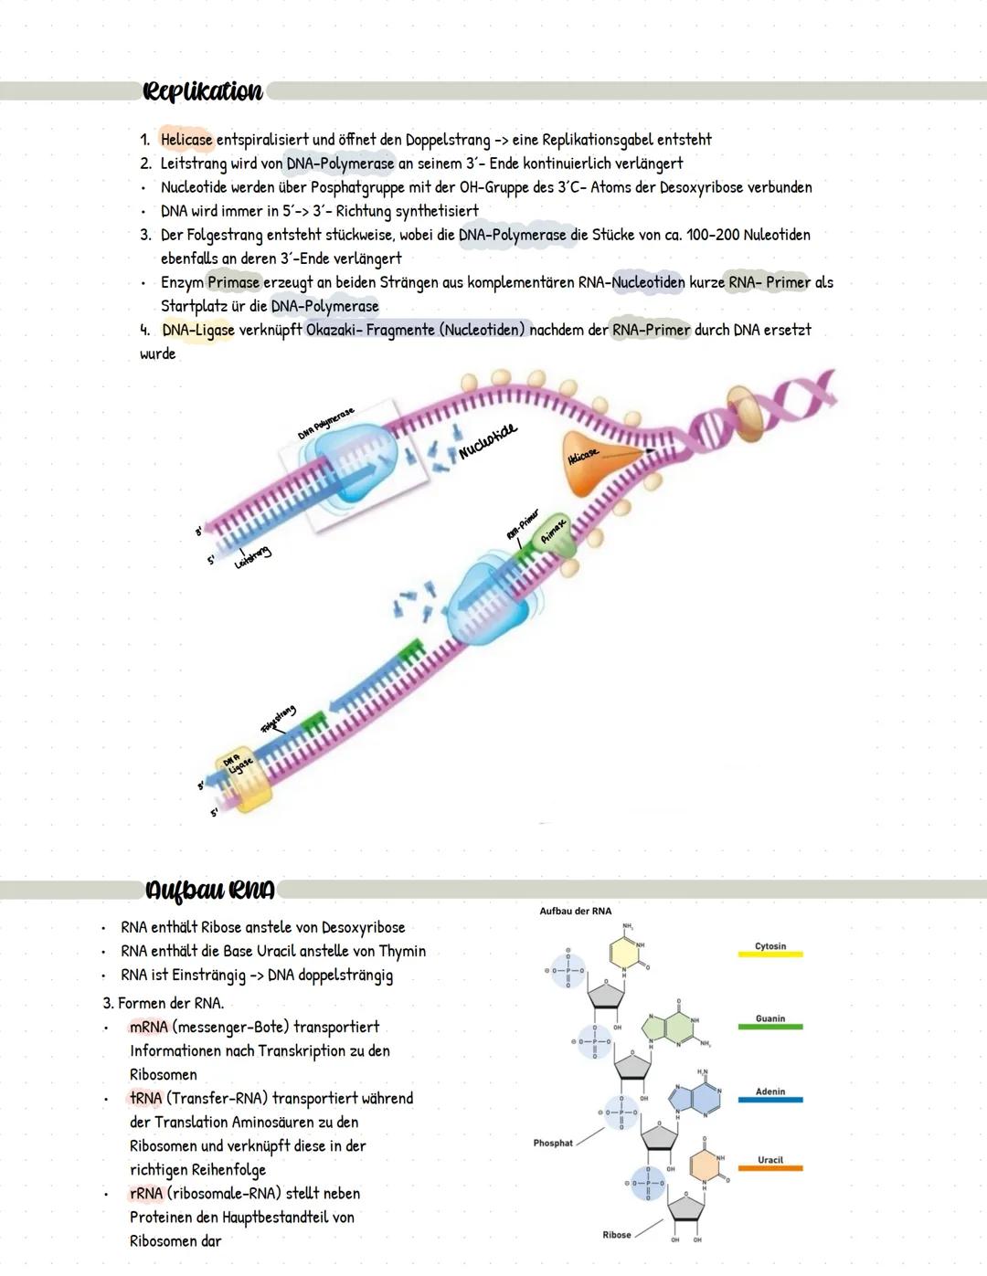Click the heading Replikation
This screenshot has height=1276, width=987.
pyautogui.click(x=202, y=91)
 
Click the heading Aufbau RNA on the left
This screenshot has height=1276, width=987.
pyautogui.click(x=209, y=890)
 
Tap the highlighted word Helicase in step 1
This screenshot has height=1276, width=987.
pyautogui.click(x=186, y=140)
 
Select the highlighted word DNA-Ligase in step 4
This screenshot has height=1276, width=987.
pyautogui.click(x=197, y=330)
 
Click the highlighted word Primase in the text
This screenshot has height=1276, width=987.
pyautogui.click(x=233, y=282)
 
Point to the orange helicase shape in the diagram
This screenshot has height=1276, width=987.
pyautogui.click(x=589, y=461)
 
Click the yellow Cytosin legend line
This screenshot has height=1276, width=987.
pyautogui.click(x=769, y=954)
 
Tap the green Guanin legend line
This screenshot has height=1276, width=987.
pyautogui.click(x=769, y=1027)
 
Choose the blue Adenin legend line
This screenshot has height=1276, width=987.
pyautogui.click(x=769, y=1100)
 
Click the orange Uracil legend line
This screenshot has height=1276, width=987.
pyautogui.click(x=769, y=1168)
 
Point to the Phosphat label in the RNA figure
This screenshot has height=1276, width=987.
pyautogui.click(x=553, y=1143)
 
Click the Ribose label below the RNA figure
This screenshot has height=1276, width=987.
pyautogui.click(x=616, y=1235)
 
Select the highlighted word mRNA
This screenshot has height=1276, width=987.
pyautogui.click(x=148, y=1028)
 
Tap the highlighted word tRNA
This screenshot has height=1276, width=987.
pyautogui.click(x=145, y=1099)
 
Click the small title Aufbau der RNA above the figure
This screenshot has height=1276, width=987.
pyautogui.click(x=575, y=911)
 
